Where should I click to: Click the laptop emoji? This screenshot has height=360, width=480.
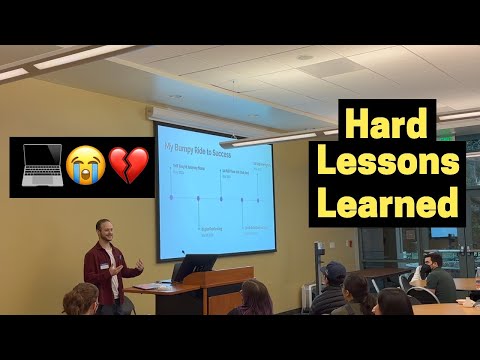click(x=38, y=166)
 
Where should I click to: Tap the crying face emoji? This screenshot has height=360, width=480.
click(x=86, y=167)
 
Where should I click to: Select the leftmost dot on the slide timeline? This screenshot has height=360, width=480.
click(x=172, y=197)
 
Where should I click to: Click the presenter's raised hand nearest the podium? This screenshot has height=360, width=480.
click(x=138, y=266)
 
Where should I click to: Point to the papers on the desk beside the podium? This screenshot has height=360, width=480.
click(x=147, y=286)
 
